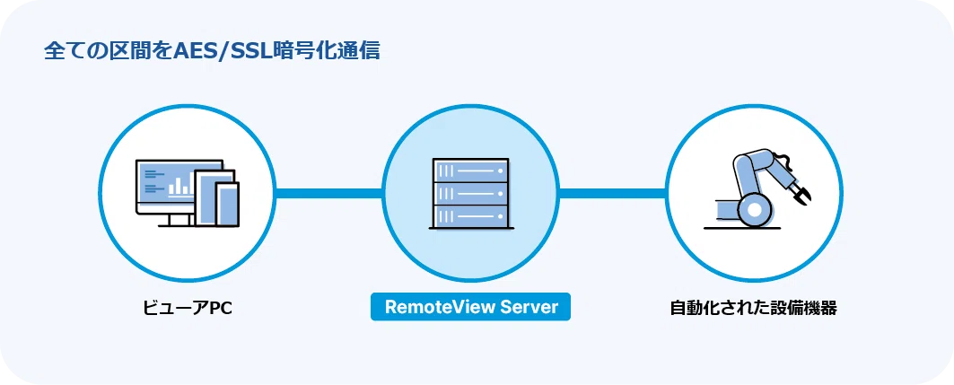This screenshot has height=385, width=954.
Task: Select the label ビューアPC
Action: (188, 308)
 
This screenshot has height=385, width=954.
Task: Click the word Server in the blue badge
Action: (527, 307)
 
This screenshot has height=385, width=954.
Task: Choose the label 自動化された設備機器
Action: (753, 308)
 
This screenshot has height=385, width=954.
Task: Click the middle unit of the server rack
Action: (470, 193)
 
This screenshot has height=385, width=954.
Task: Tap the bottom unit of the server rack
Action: (470, 215)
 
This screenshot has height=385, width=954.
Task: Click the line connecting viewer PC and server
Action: (328, 193)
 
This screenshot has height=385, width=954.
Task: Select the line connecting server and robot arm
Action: (612, 193)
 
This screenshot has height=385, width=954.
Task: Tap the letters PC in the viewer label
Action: (221, 308)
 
